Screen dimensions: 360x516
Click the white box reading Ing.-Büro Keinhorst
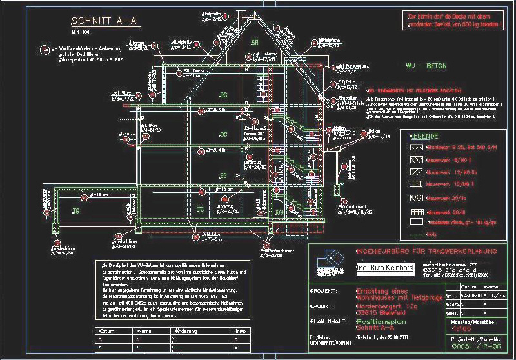377,266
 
